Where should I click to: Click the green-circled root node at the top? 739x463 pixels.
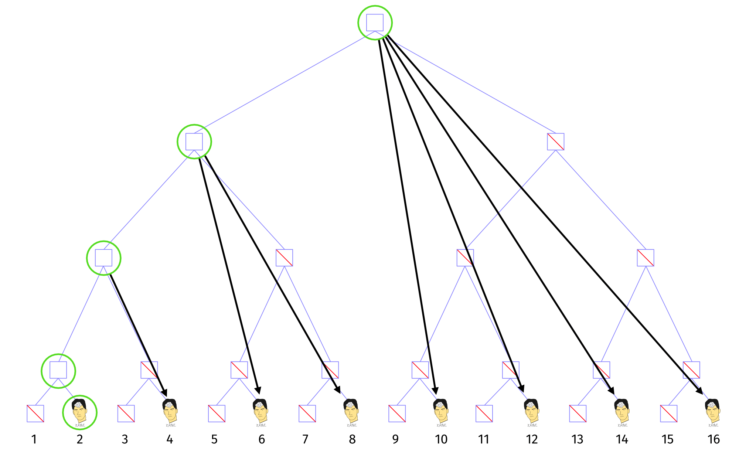tap(375, 23)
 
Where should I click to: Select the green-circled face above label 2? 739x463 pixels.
tap(79, 412)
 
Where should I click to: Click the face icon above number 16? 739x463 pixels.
tap(713, 411)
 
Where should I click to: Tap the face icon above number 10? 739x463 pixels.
tap(441, 411)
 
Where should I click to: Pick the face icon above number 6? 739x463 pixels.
tap(260, 411)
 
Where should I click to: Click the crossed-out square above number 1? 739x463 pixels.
tap(35, 413)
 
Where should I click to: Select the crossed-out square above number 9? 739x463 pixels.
tap(397, 413)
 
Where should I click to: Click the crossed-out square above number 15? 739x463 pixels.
tap(669, 413)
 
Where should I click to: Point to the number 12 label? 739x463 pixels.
tap(532, 439)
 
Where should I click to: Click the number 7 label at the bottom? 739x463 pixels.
tap(305, 439)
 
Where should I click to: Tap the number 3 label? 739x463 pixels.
tap(125, 439)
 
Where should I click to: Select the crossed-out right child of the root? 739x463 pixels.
tap(555, 142)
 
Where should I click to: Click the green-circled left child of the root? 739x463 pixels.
tap(194, 142)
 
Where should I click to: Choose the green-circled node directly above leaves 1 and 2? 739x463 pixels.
tap(58, 370)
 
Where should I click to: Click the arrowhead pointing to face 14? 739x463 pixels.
tap(612, 391)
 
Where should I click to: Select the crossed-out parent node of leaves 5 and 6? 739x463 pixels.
tap(239, 370)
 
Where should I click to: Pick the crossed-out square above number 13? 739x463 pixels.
tap(578, 413)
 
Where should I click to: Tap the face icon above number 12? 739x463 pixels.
tap(531, 411)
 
